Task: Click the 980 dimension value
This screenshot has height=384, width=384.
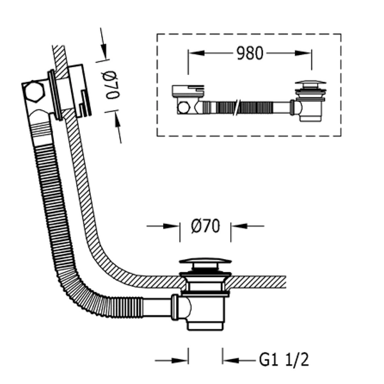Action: pyautogui.click(x=250, y=53)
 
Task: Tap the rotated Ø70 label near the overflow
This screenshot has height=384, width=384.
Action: pyautogui.click(x=112, y=85)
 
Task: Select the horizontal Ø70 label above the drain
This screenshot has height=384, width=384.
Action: pyautogui.click(x=205, y=226)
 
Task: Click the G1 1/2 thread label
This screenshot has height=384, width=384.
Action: pyautogui.click(x=284, y=360)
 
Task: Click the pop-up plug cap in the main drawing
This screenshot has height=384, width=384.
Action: pyautogui.click(x=205, y=261)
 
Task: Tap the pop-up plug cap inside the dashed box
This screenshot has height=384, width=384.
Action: pyautogui.click(x=310, y=83)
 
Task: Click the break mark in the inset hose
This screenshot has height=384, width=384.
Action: pyautogui.click(x=237, y=108)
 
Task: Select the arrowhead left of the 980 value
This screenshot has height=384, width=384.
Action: pyautogui.click(x=196, y=53)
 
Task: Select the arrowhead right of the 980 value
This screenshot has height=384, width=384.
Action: pyautogui.click(x=303, y=53)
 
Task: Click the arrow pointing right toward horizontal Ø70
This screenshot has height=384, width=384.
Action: pyautogui.click(x=163, y=226)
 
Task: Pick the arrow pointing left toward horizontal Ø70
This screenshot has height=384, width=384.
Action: pyautogui.click(x=247, y=226)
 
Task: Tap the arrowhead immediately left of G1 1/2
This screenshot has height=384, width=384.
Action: pyautogui.click(x=230, y=360)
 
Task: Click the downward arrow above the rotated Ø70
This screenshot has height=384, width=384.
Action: pyautogui.click(x=104, y=44)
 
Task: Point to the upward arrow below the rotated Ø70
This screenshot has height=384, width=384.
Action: pyautogui.click(x=118, y=127)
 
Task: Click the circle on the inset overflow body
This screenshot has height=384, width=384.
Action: pyautogui.click(x=183, y=108)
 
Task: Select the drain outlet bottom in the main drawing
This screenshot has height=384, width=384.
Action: pyautogui.click(x=205, y=326)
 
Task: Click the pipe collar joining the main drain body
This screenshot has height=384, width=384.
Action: pyautogui.click(x=175, y=307)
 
